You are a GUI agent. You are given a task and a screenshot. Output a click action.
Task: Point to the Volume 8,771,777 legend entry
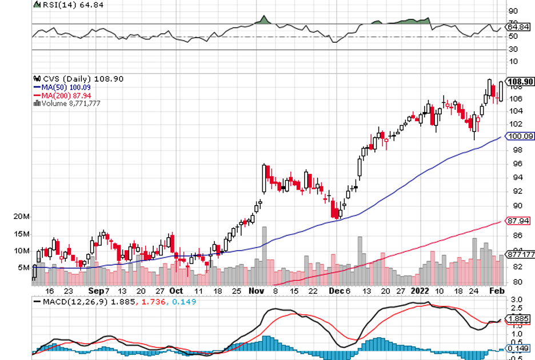(x=71, y=103)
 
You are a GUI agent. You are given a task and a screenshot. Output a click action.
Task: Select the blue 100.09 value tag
(x=520, y=137)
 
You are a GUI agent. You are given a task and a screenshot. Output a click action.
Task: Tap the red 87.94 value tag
(x=519, y=221)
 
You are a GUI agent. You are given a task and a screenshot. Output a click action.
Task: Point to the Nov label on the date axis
(x=255, y=290)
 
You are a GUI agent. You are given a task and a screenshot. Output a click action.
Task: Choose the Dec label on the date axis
(x=337, y=290)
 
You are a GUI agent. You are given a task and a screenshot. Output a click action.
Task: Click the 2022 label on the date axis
(x=421, y=290)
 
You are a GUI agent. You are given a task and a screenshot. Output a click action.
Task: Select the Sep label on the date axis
(x=94, y=290)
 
